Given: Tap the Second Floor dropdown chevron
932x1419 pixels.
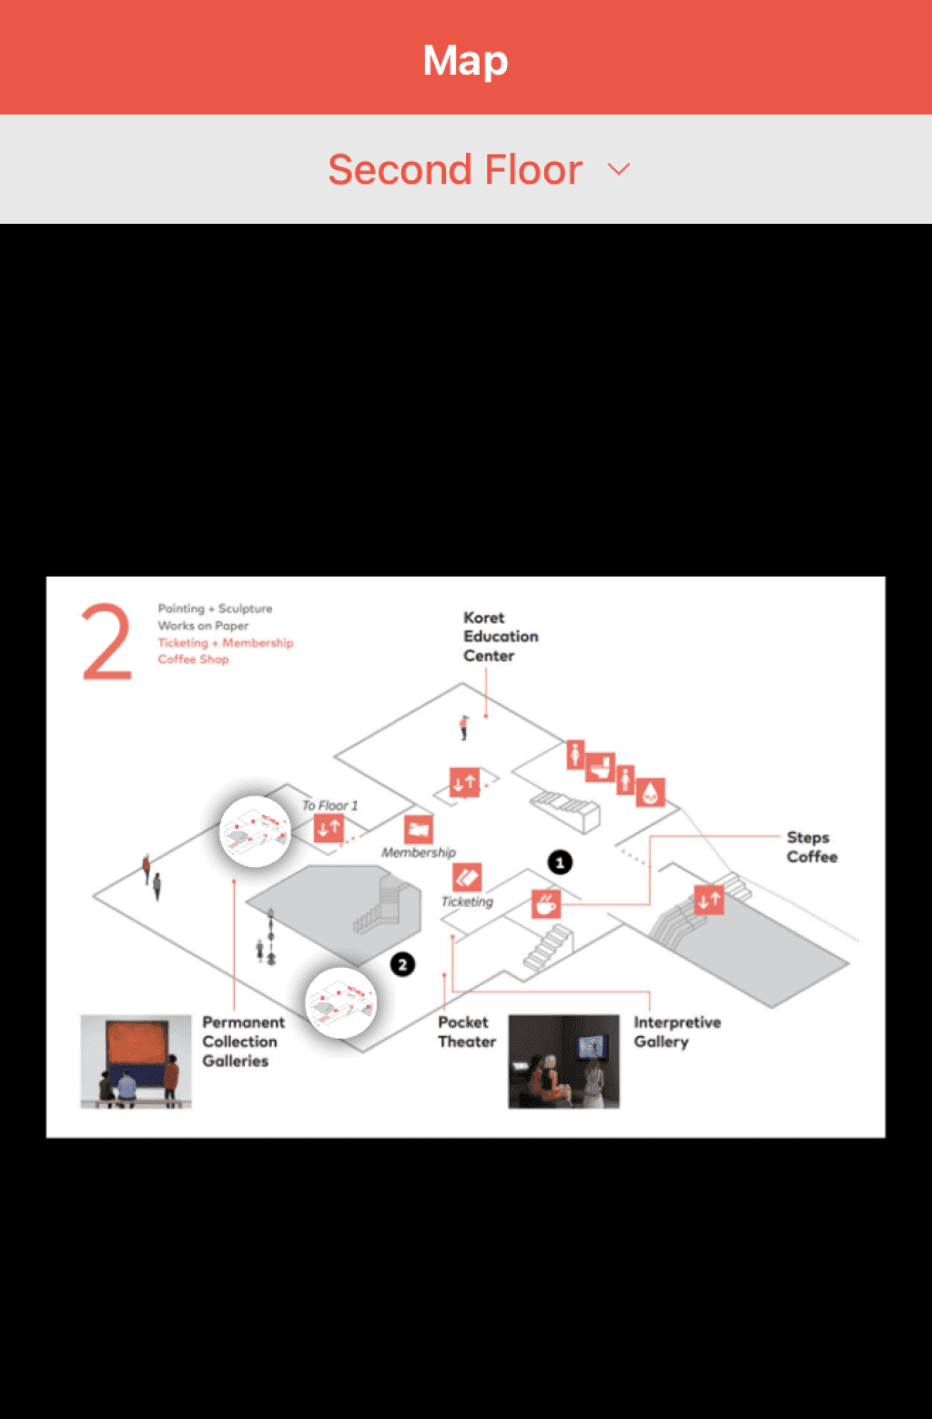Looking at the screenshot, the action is click(x=619, y=169).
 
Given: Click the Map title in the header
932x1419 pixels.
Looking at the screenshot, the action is click(x=465, y=60).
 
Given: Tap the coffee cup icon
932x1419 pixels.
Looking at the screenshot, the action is click(x=546, y=904).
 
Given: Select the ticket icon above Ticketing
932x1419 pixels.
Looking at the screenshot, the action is click(x=467, y=878).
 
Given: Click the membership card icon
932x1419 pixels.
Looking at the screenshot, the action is click(x=419, y=829).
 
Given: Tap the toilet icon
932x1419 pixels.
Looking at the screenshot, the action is click(x=600, y=768).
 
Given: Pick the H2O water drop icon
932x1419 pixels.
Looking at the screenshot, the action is click(x=650, y=792).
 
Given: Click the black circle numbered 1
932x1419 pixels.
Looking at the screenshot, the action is click(x=560, y=862).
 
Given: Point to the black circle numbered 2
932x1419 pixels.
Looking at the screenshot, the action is click(x=402, y=964).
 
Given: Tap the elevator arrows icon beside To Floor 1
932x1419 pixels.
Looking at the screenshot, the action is click(x=329, y=828).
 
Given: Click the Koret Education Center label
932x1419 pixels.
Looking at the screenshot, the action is click(x=500, y=637).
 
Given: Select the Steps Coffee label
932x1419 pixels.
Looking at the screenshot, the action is click(x=812, y=847).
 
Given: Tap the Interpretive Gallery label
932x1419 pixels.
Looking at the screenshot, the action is click(x=676, y=1032).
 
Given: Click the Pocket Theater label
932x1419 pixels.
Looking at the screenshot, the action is click(x=466, y=1032).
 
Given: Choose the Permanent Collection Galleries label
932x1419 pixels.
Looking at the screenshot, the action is click(x=242, y=1042).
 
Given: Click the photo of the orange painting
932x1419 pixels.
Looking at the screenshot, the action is click(x=136, y=1062).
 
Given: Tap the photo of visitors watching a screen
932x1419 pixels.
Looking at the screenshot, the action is click(x=563, y=1062).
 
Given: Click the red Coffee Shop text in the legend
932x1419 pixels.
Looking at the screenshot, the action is click(x=193, y=659).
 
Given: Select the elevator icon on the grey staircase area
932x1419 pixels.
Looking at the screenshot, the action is click(x=709, y=901).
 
